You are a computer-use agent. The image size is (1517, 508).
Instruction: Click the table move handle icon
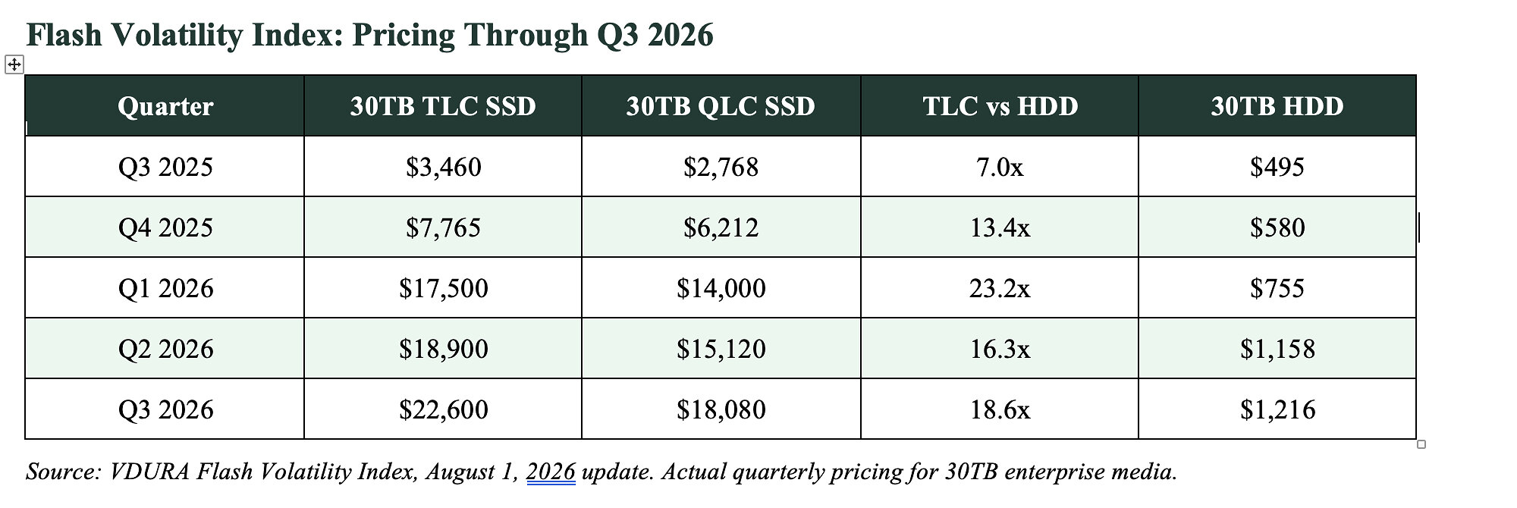(x=14, y=64)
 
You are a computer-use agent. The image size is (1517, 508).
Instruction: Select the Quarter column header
(x=165, y=106)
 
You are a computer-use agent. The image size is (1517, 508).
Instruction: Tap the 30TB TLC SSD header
(x=443, y=106)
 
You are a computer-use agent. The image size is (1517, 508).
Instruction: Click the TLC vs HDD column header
(x=1000, y=106)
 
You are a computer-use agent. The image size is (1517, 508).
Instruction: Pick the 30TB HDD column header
(x=1277, y=106)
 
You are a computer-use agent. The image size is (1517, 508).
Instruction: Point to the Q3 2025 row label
(x=165, y=167)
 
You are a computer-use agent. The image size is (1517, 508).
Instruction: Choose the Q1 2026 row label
(x=165, y=288)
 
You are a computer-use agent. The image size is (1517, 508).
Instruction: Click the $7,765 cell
(x=443, y=227)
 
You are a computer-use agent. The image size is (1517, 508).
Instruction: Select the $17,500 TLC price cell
(x=443, y=288)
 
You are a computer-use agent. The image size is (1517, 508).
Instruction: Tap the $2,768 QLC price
(x=721, y=167)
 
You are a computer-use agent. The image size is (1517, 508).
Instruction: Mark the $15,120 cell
(x=721, y=349)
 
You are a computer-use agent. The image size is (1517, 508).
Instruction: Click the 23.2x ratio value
(x=1000, y=288)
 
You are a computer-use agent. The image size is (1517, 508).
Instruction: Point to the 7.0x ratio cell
(x=1000, y=167)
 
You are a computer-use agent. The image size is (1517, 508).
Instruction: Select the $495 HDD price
(x=1277, y=167)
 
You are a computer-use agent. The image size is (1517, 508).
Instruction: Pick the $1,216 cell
(x=1277, y=409)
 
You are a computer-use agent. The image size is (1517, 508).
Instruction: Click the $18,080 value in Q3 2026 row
(x=721, y=409)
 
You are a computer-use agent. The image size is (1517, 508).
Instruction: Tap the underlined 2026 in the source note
(x=551, y=472)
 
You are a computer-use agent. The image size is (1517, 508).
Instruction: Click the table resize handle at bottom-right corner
(x=1421, y=444)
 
